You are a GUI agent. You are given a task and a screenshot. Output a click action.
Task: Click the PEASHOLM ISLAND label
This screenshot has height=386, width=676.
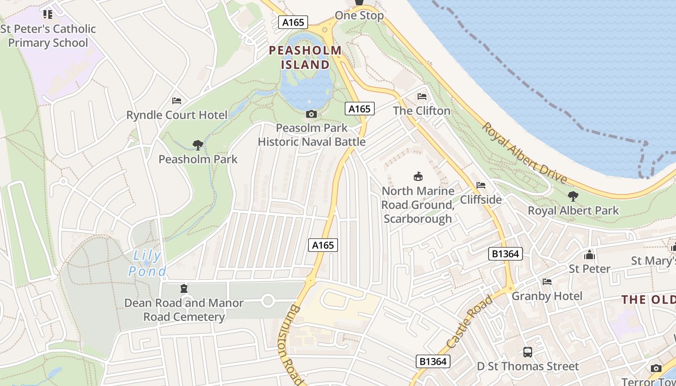305,57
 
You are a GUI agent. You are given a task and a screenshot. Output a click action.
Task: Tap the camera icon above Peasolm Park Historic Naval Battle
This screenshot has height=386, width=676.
311,114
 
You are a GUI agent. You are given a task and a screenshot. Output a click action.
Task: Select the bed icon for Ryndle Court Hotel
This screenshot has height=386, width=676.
177,101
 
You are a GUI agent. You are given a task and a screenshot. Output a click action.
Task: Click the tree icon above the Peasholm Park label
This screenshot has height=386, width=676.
197,145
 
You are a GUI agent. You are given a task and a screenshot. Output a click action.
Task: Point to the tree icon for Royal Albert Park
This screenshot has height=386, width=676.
573,196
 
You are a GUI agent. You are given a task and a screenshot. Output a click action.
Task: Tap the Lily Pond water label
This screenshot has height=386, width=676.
147,263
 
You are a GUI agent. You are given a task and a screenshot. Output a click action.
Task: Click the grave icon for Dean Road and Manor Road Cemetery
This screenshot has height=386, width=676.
183,289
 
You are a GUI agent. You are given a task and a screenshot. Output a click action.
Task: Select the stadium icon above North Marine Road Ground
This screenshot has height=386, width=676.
418,177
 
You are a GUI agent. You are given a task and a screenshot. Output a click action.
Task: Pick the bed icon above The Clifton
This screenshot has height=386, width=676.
422,96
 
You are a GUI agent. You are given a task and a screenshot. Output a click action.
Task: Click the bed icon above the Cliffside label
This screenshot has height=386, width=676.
480,185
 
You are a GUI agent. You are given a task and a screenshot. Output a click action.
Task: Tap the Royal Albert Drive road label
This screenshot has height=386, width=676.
524,152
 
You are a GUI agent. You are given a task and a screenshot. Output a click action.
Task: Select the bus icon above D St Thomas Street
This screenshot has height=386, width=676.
528,352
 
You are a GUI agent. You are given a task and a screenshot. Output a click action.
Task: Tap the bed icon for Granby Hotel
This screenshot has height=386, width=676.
547,282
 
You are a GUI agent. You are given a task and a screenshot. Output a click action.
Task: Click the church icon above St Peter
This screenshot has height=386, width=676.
589,254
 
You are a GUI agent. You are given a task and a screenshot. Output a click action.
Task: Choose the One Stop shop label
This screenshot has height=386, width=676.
359,15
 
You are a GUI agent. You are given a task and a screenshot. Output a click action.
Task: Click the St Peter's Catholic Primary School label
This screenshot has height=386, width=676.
48,36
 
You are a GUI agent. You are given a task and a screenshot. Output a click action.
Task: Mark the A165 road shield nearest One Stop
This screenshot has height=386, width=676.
293,22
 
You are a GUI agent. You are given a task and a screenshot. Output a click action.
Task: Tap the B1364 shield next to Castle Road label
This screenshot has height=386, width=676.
505,254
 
